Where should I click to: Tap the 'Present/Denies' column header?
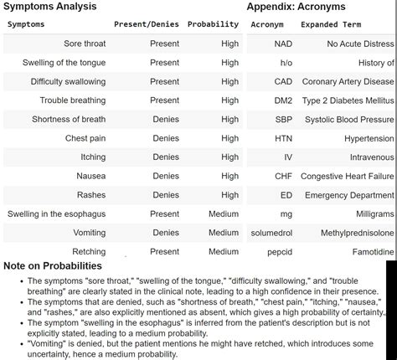[x=147, y=24]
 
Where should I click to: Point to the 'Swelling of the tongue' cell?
[x=64, y=63]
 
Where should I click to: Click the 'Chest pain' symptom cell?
[x=85, y=138]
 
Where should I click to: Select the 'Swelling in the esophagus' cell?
[x=57, y=213]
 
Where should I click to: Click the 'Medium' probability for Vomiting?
[x=224, y=233]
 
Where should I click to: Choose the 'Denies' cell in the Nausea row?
[x=166, y=176]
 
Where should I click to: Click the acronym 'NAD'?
[x=283, y=44]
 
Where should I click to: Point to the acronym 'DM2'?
[x=283, y=100]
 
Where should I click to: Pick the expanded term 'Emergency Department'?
[x=349, y=195]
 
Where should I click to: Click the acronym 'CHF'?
[x=283, y=176]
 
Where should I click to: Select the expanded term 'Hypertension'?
[x=369, y=138]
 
